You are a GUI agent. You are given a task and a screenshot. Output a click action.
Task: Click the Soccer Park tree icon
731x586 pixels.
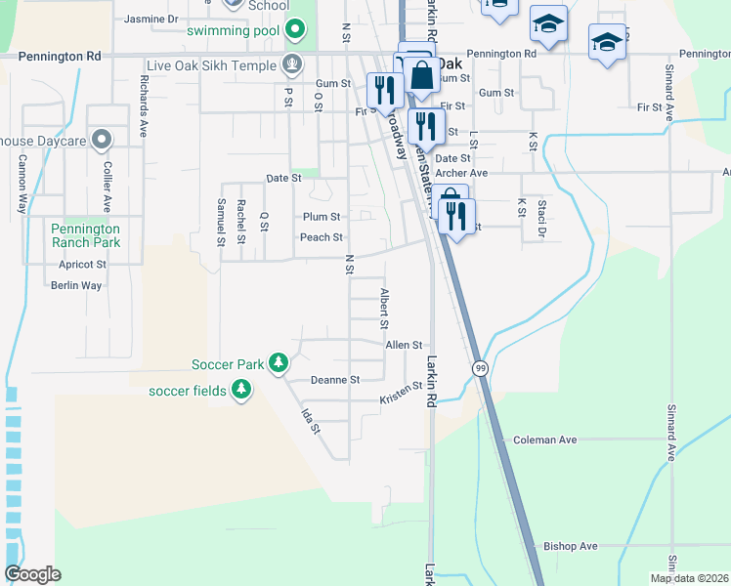(x=279, y=363)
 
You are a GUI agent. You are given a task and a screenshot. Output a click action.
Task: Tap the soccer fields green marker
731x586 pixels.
(x=240, y=391)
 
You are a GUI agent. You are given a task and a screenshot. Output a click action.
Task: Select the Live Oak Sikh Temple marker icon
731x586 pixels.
(x=290, y=65)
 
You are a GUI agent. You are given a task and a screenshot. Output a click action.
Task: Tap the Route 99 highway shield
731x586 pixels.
(x=480, y=368)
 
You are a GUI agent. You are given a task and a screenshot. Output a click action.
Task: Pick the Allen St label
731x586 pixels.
(x=404, y=345)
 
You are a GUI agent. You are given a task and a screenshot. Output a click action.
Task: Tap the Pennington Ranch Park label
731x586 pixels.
(x=85, y=234)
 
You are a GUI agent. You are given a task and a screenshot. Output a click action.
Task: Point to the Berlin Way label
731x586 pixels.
(x=76, y=285)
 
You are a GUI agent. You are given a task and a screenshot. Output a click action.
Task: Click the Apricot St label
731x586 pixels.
(x=82, y=264)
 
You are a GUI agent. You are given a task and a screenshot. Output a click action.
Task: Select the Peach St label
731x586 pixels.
(x=321, y=237)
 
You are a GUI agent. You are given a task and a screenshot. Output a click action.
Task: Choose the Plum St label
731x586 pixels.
(x=321, y=217)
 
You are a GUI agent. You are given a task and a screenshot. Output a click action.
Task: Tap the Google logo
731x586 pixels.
(x=32, y=574)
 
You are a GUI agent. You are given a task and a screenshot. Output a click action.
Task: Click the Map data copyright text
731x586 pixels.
(x=689, y=578)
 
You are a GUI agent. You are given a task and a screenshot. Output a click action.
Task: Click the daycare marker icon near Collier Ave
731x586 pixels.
(x=100, y=141)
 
